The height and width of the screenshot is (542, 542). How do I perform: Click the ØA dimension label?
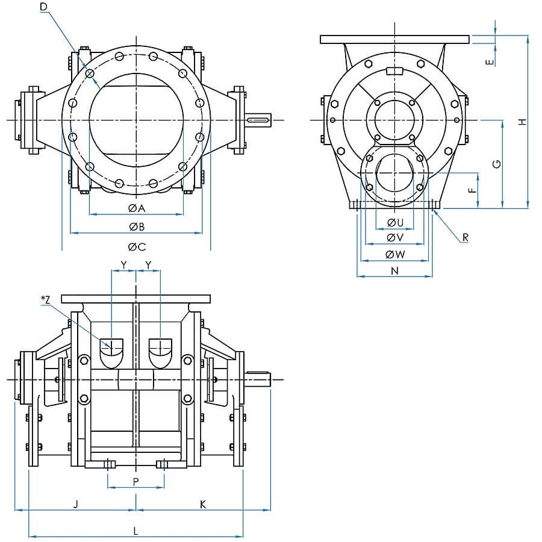tap(137, 208)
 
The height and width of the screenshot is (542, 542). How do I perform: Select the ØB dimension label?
tap(137, 227)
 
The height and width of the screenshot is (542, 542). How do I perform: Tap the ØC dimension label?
tap(137, 247)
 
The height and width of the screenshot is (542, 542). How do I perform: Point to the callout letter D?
tap(43, 7)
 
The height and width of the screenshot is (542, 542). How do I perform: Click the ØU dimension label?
tap(395, 223)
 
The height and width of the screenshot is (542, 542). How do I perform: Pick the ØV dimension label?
tap(395, 237)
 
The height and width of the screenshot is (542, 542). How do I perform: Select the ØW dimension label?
tap(395, 254)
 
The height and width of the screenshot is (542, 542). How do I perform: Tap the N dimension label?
tap(394, 270)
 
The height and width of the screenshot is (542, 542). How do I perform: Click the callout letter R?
tap(466, 237)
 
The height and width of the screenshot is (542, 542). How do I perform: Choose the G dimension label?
tap(496, 164)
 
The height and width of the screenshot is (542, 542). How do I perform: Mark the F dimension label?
tap(472, 190)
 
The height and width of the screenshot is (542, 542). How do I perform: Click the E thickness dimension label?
tap(490, 62)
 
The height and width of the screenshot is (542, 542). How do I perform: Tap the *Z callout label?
tap(46, 300)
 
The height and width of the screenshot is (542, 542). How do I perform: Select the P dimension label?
tap(136, 482)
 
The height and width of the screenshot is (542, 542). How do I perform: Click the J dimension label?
tap(76, 504)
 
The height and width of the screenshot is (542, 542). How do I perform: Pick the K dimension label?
tap(203, 504)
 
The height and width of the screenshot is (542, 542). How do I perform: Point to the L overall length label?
tap(135, 531)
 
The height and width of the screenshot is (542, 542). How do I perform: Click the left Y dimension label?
tap(123, 265)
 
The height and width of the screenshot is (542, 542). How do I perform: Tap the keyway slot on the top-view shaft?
tap(258, 120)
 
